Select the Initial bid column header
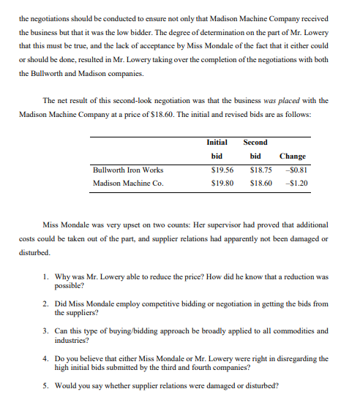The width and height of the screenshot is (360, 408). (217, 149)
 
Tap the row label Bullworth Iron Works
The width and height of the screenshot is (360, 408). (128, 170)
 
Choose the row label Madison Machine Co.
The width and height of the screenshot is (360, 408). (128, 184)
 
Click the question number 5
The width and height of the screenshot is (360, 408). (45, 385)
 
